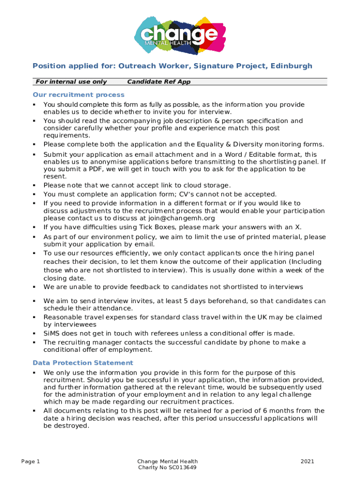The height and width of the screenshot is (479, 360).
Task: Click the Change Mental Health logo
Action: [x=180, y=35]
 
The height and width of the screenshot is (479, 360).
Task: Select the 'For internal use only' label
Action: [x=71, y=82]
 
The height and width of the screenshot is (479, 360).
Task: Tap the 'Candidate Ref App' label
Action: [x=159, y=82]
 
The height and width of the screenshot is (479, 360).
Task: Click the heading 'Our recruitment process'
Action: [x=72, y=94]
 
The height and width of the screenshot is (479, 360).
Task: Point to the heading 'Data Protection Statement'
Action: [x=83, y=363]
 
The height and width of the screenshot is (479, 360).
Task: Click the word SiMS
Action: [x=53, y=333]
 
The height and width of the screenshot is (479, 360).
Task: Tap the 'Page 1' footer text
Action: [x=31, y=462]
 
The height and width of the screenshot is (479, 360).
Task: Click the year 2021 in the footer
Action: [x=307, y=462]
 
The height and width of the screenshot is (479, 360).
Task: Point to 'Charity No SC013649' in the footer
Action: [x=167, y=468]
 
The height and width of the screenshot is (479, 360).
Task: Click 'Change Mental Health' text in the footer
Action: [x=167, y=462]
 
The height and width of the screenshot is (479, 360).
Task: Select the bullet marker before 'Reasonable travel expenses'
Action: [x=35, y=317]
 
